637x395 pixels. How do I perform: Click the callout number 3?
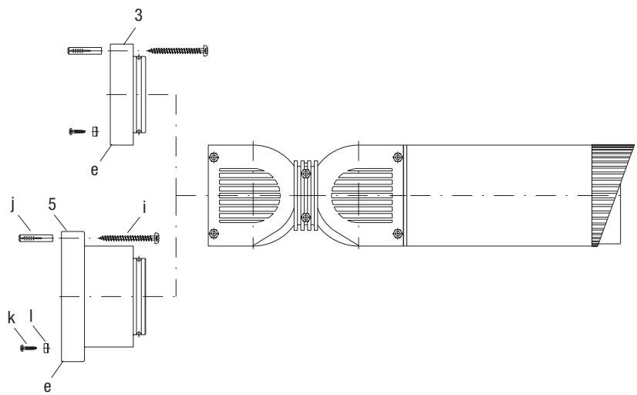[139, 15]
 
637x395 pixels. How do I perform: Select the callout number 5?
[52, 204]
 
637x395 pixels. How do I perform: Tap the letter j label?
[13, 204]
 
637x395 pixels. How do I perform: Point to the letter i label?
[144, 208]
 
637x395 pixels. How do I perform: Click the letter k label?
[12, 318]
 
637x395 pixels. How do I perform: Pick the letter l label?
[32, 316]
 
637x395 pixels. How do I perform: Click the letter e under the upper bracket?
[94, 170]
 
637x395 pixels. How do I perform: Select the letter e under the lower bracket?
[48, 387]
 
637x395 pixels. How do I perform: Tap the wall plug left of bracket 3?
[85, 51]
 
